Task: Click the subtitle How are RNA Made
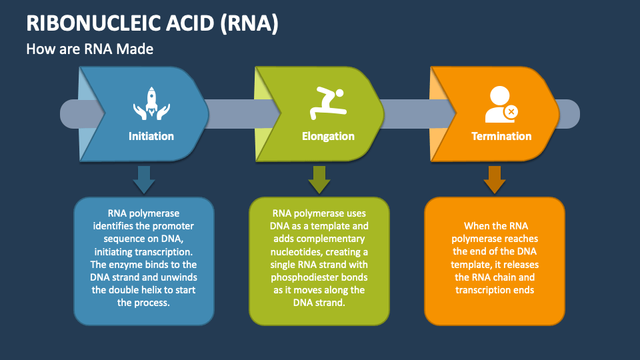[90, 49]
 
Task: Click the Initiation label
[151, 136]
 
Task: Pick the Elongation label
[328, 136]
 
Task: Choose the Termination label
[501, 136]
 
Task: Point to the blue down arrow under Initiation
[143, 179]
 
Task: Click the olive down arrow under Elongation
[319, 179]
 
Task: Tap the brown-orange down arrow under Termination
[494, 179]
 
